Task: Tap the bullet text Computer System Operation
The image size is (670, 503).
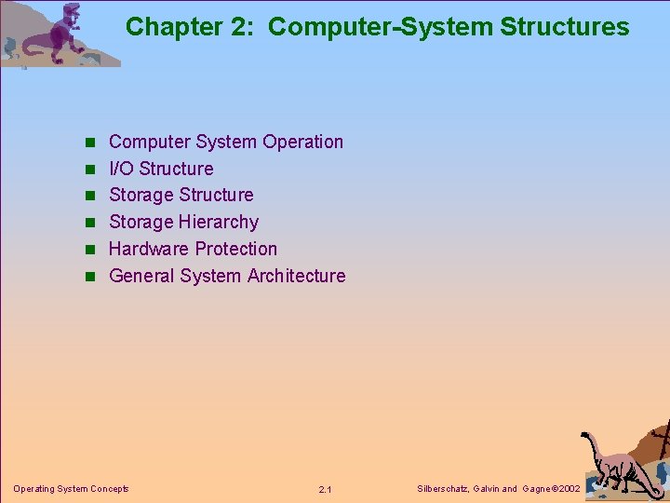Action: click(x=225, y=142)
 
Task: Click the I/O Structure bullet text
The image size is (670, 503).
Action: click(x=161, y=169)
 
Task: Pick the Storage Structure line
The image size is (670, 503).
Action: click(x=181, y=195)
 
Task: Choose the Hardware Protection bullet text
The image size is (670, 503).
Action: click(x=193, y=249)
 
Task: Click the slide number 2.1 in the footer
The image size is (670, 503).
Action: click(x=325, y=489)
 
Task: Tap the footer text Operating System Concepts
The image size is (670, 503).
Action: click(x=71, y=488)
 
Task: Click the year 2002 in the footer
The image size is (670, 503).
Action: click(x=567, y=488)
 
